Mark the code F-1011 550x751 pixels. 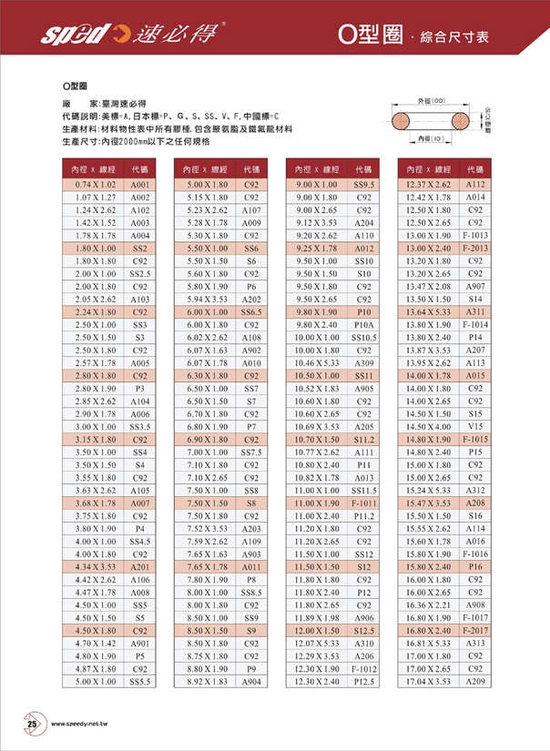pos(364,502)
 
